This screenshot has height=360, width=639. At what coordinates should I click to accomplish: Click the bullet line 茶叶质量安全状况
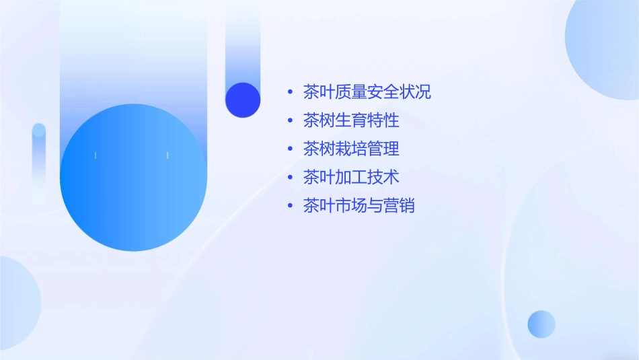click(367, 92)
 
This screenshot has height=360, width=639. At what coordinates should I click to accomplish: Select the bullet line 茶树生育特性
click(350, 120)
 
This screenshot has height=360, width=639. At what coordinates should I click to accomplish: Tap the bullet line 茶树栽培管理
click(350, 149)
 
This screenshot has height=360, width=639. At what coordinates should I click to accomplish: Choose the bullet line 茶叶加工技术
click(350, 177)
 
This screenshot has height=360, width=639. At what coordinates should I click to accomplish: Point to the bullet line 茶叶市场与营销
click(359, 205)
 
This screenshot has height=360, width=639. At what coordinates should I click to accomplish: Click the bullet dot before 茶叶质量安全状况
click(290, 92)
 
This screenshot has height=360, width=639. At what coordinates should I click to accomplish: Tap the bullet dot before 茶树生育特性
click(290, 120)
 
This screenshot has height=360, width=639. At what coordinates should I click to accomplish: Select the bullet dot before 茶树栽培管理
click(290, 149)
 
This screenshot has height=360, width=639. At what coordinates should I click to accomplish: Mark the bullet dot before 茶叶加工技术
click(290, 177)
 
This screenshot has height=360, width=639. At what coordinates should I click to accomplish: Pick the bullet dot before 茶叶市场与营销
click(290, 205)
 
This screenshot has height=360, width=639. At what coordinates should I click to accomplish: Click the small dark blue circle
click(243, 100)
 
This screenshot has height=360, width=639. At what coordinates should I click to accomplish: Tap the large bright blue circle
click(133, 178)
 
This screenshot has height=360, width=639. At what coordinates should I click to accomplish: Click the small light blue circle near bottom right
click(541, 324)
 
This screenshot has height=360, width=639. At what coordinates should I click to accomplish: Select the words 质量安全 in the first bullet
click(367, 92)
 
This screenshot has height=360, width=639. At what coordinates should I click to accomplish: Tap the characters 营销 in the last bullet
click(399, 205)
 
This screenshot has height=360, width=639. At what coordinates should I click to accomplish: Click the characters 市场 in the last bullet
click(350, 205)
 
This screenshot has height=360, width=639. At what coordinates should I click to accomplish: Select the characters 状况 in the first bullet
click(415, 92)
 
